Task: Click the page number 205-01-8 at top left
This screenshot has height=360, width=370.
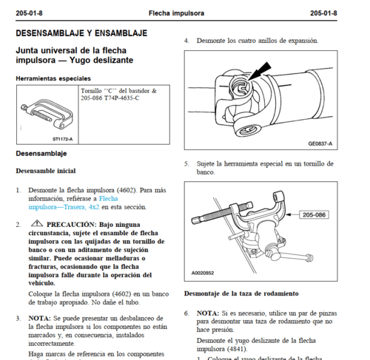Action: [29, 13]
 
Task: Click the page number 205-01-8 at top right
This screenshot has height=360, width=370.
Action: [323, 13]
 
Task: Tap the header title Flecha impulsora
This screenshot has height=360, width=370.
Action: [176, 13]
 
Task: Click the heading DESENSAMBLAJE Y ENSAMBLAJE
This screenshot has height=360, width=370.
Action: [81, 33]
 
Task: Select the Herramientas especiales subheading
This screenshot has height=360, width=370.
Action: [53, 78]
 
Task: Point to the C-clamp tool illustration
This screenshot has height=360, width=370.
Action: [47, 114]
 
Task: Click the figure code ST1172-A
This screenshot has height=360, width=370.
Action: [63, 139]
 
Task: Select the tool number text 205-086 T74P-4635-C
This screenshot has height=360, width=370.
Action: [110, 98]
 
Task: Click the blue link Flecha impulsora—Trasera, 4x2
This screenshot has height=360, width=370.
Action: [73, 203]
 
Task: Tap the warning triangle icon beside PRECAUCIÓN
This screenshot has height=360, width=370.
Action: [37, 223]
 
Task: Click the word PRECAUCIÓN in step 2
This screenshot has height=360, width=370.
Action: [72, 225]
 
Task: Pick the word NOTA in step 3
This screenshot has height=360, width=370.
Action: [39, 319]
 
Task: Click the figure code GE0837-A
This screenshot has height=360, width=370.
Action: [320, 143]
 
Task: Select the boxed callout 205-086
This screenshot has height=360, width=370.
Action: [314, 215]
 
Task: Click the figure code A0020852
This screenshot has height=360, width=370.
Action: [203, 273]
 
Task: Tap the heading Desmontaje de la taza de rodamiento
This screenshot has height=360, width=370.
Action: [241, 293]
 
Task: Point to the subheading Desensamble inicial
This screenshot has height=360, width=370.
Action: [46, 171]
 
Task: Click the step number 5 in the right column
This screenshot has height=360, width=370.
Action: [186, 164]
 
